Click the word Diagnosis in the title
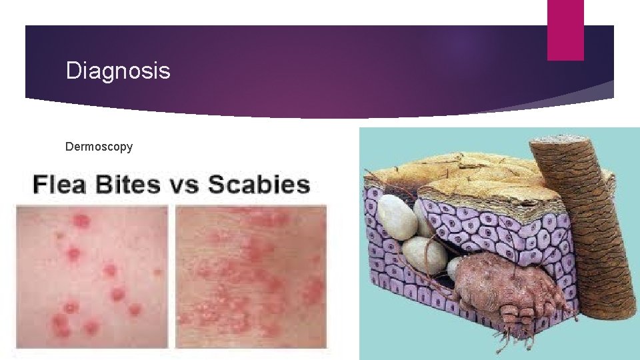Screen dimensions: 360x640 point(118,70)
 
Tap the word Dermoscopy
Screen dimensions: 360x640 point(99,145)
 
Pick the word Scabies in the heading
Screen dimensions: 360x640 point(259,185)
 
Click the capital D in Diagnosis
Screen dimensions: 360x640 point(73,70)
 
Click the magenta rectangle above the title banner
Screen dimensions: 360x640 point(565,29)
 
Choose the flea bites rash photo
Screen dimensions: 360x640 point(92,276)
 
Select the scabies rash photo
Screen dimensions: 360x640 point(251,276)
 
